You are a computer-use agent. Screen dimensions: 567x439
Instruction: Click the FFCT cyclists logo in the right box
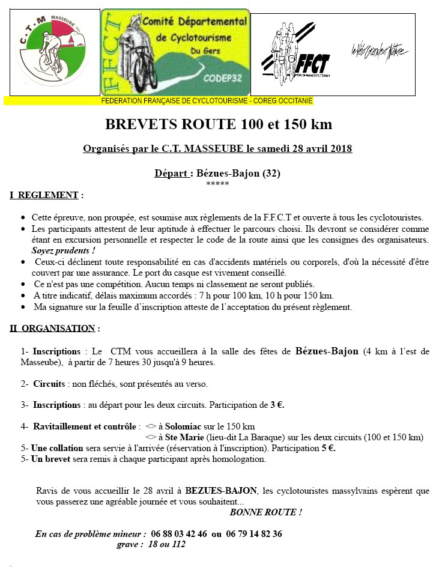coord(295,53)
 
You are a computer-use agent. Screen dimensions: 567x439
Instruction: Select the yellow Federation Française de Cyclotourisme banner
coord(159,101)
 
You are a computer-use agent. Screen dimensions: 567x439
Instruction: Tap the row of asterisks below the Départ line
coord(217,183)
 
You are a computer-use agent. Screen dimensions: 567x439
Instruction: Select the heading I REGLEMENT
coord(44,195)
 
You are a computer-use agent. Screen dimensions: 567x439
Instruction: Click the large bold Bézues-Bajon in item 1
coord(327,351)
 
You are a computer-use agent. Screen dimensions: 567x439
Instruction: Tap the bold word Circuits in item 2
coord(49,383)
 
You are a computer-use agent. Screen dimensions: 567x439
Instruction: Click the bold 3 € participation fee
coord(277,405)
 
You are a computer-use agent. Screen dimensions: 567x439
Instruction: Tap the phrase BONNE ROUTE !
coord(266,512)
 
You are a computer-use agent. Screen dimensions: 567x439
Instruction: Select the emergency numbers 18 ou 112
coord(168,544)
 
